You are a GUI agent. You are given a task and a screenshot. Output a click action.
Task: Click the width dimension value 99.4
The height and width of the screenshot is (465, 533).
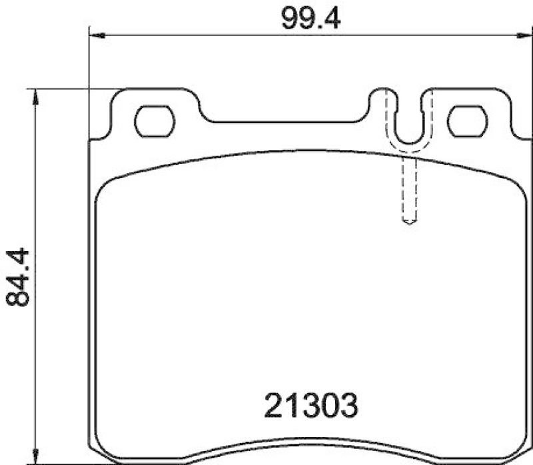tap(310, 18)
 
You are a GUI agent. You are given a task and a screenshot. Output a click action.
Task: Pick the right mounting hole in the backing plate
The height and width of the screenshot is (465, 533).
tap(467, 120)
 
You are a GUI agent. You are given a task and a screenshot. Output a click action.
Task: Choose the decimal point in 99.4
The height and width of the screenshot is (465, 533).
tap(319, 25)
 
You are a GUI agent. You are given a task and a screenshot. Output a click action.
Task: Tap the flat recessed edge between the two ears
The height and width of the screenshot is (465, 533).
tap(286, 123)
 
